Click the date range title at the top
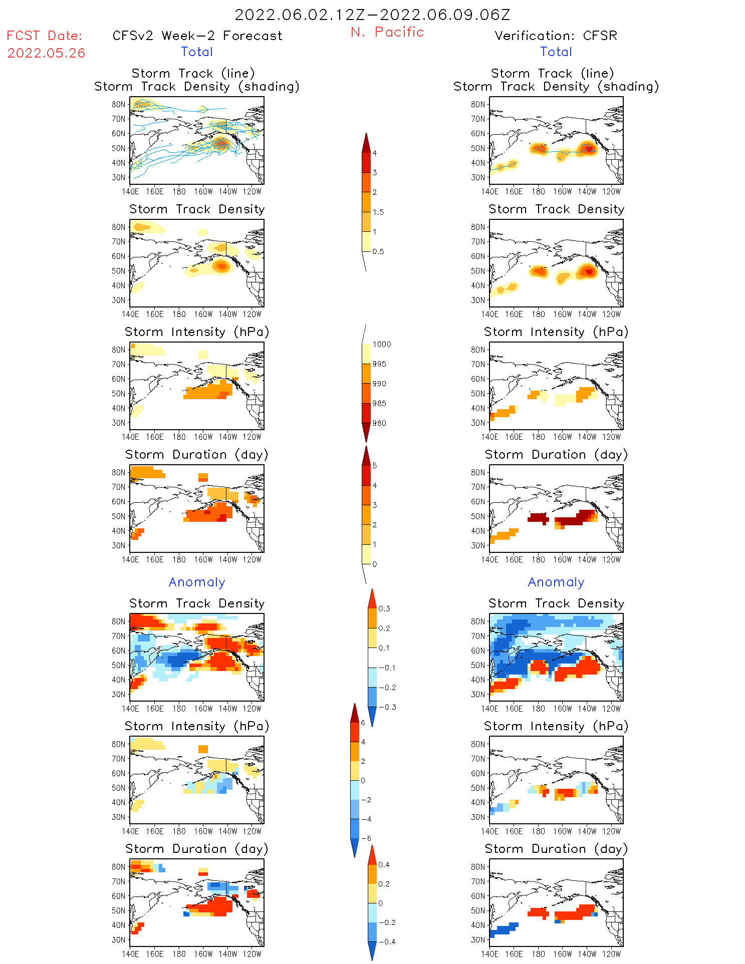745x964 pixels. tap(372, 15)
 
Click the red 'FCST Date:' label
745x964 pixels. tap(45, 36)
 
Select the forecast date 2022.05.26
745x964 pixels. tap(46, 53)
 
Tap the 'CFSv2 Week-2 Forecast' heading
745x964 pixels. tap(197, 36)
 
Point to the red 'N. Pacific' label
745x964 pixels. tap(387, 32)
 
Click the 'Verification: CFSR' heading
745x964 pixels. tap(556, 36)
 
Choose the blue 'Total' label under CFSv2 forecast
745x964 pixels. tap(197, 52)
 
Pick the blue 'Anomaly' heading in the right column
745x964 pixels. tap(556, 582)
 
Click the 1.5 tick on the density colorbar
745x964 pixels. tap(378, 212)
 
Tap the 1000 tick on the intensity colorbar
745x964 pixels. tap(381, 344)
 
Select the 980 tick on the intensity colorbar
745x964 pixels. tap(379, 423)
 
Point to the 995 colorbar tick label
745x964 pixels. tap(379, 364)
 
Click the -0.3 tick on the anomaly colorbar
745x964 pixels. tap(387, 707)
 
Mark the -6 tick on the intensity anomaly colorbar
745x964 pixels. tap(366, 838)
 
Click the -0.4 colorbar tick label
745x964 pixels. tap(386, 941)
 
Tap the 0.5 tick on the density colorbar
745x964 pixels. tap(378, 251)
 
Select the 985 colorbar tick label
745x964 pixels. tap(379, 404)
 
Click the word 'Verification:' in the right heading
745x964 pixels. tap(535, 36)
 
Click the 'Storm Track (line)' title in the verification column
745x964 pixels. tap(552, 73)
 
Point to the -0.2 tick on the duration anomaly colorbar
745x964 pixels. tap(386, 922)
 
